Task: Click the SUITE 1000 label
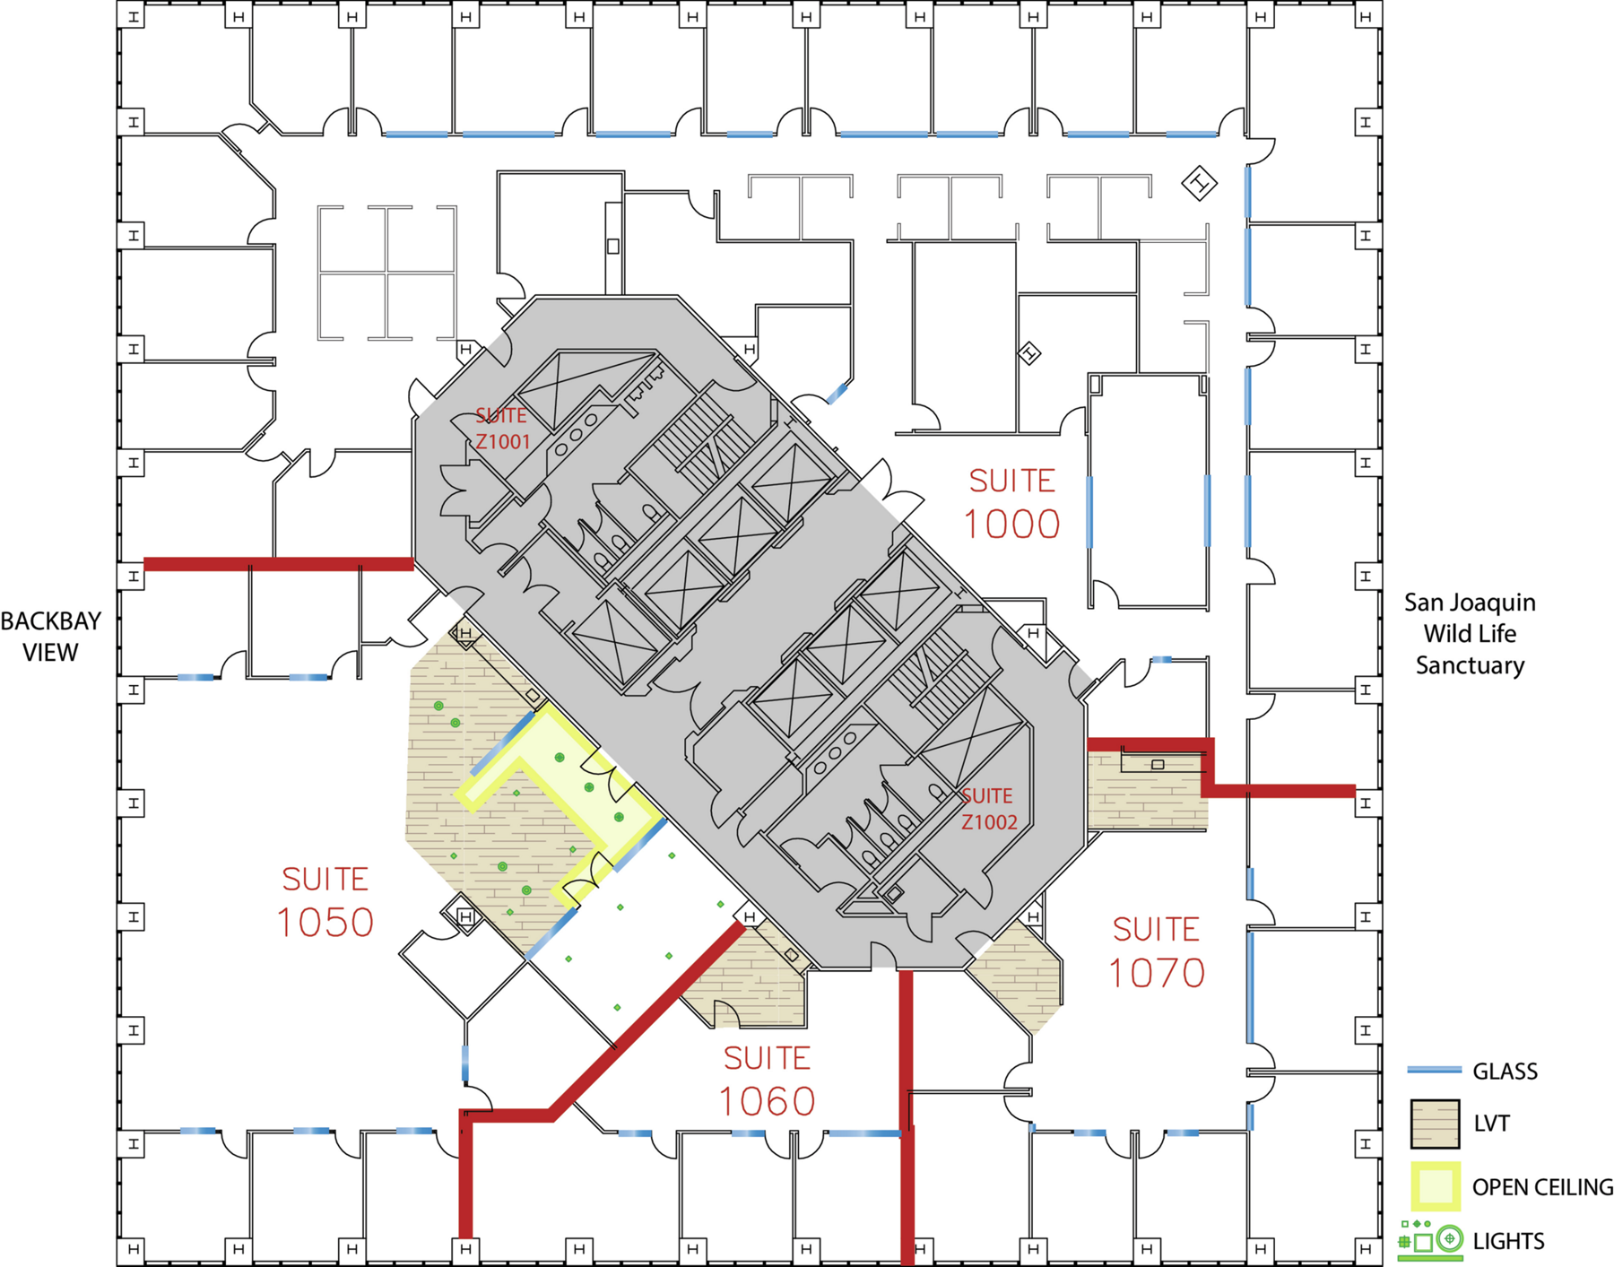[1012, 504]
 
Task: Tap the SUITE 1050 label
[325, 902]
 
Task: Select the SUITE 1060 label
[768, 1081]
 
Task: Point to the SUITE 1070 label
[1157, 952]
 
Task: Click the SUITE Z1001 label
[502, 429]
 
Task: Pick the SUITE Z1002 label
[988, 809]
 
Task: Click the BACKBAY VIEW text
[50, 637]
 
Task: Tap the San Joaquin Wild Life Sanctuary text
[1470, 634]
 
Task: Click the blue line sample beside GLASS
[1434, 1071]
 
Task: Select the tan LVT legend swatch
[1435, 1124]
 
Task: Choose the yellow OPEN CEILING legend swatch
[1435, 1186]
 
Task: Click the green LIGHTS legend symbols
[1431, 1240]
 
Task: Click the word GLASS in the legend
[1506, 1072]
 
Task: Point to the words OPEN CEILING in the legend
[1542, 1187]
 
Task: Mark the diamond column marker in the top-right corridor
[1199, 184]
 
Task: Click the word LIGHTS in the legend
[1509, 1241]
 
